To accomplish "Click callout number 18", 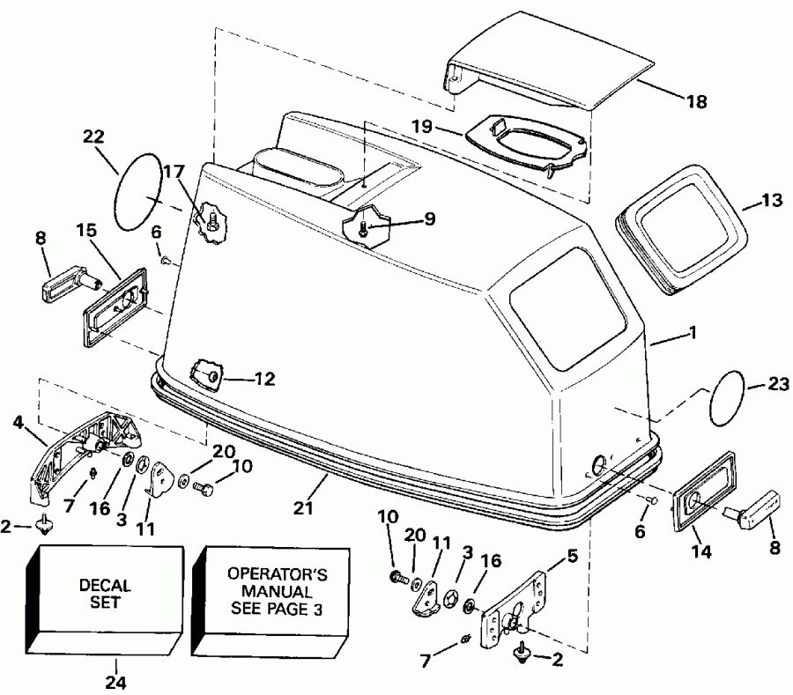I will [696, 102].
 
